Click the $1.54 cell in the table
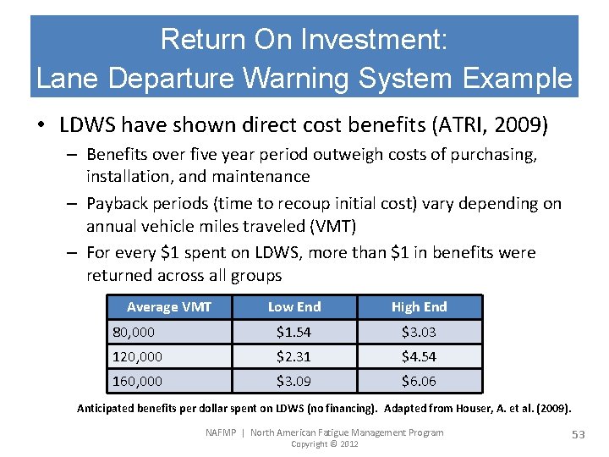click(294, 332)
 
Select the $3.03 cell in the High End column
click(419, 332)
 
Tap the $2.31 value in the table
click(294, 356)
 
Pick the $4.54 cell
click(419, 356)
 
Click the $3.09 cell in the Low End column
click(294, 381)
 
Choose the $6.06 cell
click(419, 381)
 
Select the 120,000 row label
click(137, 356)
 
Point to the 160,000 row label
click(137, 381)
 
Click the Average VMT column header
click(169, 306)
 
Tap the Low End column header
click(294, 306)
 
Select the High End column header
click(419, 306)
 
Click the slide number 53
click(579, 434)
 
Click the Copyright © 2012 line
click(324, 444)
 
